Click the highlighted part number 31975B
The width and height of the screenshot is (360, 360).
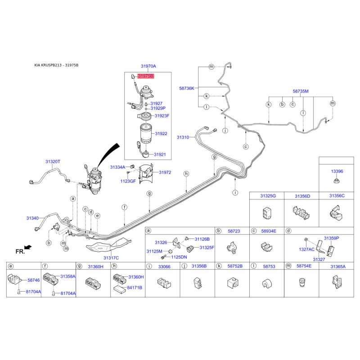tap(146, 76)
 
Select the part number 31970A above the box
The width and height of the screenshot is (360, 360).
tap(148, 66)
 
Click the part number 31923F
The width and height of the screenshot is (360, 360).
tap(162, 116)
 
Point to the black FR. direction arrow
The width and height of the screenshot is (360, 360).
tap(28, 247)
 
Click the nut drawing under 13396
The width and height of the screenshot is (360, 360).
tap(337, 181)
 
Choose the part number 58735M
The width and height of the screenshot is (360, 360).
tap(301, 91)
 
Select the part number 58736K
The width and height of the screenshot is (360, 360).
tap(187, 88)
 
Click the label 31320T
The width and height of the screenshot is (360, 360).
tap(53, 162)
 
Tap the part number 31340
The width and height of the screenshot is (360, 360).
tap(32, 218)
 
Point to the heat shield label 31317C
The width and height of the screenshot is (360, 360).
tap(111, 258)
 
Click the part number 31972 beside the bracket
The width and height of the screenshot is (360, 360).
tap(165, 172)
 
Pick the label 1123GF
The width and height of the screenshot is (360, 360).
tap(128, 181)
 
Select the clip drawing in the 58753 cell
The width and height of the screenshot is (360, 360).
tap(267, 284)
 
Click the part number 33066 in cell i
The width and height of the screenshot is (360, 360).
tap(164, 266)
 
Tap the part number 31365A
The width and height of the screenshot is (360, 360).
tap(338, 266)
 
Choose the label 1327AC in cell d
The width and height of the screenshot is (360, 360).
tap(307, 249)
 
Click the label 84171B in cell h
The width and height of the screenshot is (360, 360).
tap(135, 288)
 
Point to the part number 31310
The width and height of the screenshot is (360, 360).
tap(183, 137)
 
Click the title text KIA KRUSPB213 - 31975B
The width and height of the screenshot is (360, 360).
tap(57, 65)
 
